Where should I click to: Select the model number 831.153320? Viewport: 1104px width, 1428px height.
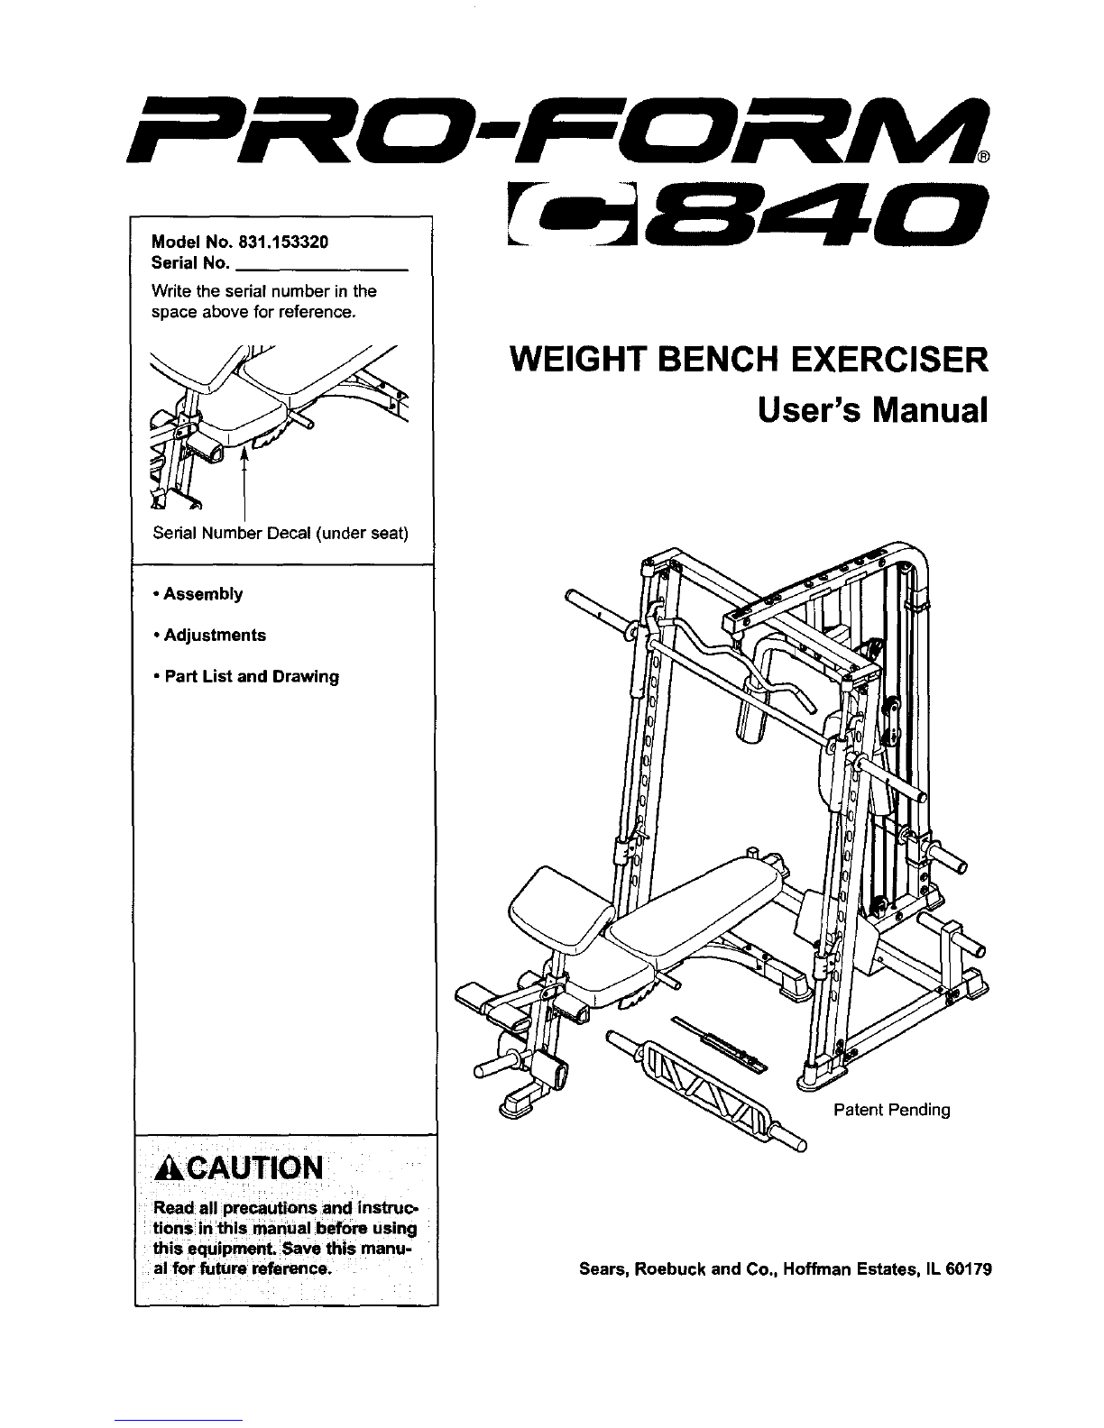point(283,242)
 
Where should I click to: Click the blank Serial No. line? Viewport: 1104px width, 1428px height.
point(321,270)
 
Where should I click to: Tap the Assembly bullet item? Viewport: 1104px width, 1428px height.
point(198,593)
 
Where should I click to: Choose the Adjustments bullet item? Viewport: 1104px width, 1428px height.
point(209,635)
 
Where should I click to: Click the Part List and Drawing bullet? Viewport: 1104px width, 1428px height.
point(246,676)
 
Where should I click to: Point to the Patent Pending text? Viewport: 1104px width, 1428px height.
point(892,1109)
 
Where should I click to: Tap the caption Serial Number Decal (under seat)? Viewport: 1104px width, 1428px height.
point(281,533)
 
